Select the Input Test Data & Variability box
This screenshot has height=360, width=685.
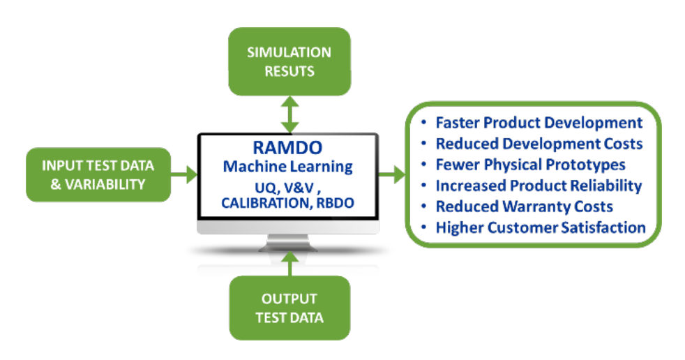pyautogui.click(x=98, y=174)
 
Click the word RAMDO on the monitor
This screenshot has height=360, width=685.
pyautogui.click(x=287, y=149)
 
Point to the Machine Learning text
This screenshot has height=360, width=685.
pyautogui.click(x=287, y=167)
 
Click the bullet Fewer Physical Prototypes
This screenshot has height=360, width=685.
pyautogui.click(x=530, y=165)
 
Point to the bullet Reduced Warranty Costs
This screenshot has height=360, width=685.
pyautogui.click(x=524, y=207)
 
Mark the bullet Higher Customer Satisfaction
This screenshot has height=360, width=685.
pyautogui.click(x=541, y=227)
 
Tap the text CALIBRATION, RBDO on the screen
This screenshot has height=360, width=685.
pyautogui.click(x=287, y=203)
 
